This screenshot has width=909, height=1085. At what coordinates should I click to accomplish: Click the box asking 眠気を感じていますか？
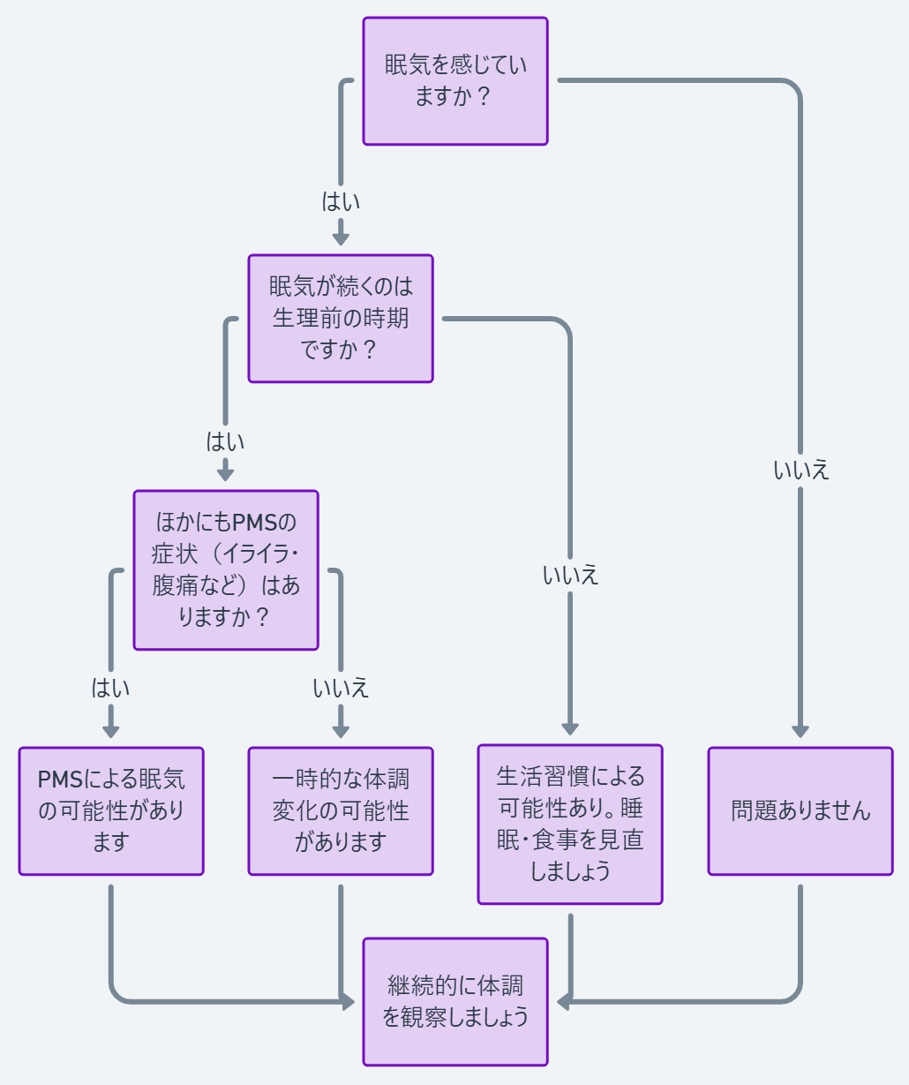(455, 81)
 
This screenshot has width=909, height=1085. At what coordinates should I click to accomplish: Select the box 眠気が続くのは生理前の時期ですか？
(341, 319)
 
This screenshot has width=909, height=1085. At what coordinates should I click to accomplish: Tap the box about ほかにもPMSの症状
(226, 570)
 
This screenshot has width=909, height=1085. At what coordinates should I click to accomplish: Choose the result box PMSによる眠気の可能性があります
(111, 811)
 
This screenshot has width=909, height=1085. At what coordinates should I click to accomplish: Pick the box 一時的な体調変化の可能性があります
(341, 811)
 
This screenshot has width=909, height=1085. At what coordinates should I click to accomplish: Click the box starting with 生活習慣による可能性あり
(570, 825)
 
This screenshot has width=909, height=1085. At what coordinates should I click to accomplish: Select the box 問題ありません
(800, 811)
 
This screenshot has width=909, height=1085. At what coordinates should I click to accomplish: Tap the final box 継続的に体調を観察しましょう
(455, 1002)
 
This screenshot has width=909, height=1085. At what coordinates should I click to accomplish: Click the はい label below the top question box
(341, 202)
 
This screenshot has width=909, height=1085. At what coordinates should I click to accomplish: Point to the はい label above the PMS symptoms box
(225, 441)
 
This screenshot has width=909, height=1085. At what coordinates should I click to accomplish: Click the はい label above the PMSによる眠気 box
(111, 688)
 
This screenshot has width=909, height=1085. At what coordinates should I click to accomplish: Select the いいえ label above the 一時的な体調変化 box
(341, 688)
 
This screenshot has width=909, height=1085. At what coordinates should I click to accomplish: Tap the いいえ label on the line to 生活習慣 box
(570, 576)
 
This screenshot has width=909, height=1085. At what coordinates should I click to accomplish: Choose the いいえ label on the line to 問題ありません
(800, 471)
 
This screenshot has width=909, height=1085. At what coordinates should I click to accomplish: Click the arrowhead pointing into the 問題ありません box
(800, 731)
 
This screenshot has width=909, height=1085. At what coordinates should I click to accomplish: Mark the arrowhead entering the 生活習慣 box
(570, 728)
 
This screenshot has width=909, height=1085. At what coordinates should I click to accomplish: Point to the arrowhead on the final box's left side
(349, 1002)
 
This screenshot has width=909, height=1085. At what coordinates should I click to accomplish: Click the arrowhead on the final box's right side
(563, 1002)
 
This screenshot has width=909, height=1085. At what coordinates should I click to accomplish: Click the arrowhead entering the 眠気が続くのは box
(341, 238)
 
